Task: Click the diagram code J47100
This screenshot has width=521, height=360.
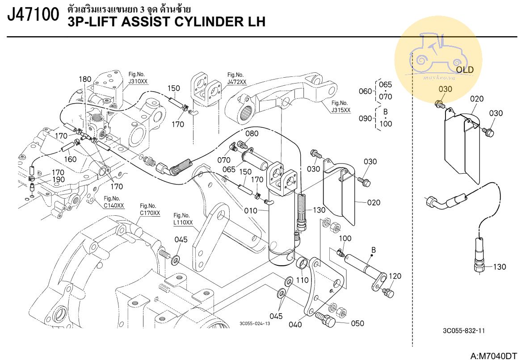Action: (34, 15)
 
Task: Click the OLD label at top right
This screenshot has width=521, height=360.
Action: (465, 70)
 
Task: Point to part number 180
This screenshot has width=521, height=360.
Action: (85, 79)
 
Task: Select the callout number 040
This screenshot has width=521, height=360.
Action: (295, 324)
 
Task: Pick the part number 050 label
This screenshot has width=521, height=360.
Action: (357, 323)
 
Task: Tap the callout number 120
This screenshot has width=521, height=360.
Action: (395, 276)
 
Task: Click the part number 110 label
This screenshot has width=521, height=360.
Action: (303, 280)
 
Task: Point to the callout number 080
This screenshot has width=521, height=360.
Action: (252, 134)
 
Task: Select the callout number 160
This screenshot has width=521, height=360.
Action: (70, 159)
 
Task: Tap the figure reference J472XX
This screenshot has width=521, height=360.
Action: (236, 82)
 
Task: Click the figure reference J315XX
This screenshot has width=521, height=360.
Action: (341, 110)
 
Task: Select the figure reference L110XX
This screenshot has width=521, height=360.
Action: (183, 222)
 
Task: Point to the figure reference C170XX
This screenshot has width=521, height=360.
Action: (150, 213)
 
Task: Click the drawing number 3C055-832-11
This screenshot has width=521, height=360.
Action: (464, 331)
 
